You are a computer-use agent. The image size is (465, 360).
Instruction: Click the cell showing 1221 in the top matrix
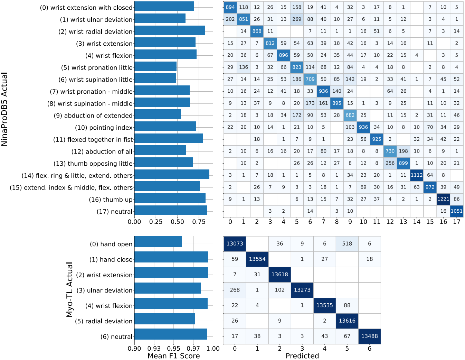point(443,199)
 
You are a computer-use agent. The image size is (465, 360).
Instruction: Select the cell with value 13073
point(235,244)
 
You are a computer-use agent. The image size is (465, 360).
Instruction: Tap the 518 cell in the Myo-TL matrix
point(347,244)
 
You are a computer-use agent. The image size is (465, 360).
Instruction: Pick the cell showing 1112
point(417,175)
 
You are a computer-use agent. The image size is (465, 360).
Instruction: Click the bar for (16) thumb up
point(170,199)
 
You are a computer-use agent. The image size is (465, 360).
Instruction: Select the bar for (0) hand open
point(158,242)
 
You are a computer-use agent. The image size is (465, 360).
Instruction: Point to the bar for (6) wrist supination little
point(155,79)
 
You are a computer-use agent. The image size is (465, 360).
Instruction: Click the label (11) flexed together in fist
point(93,140)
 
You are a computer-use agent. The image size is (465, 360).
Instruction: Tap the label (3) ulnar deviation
point(104,290)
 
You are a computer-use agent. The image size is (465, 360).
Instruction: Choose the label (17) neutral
point(114,212)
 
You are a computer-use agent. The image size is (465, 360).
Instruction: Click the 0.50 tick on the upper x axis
point(177,222)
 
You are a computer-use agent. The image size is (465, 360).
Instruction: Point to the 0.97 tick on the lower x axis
point(193,349)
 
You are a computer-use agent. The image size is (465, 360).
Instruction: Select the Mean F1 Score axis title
point(173,356)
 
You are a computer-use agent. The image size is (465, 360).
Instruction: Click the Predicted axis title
point(302,356)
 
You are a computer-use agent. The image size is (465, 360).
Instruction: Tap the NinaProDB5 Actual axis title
point(4,109)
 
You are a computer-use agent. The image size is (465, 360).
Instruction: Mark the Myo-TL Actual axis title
point(69,290)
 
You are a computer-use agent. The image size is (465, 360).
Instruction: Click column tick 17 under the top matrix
point(456,222)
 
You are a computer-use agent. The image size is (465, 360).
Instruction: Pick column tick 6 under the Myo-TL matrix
point(369,349)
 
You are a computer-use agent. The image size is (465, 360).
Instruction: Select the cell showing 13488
point(369,336)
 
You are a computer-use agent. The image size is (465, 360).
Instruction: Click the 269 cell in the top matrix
point(297,19)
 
